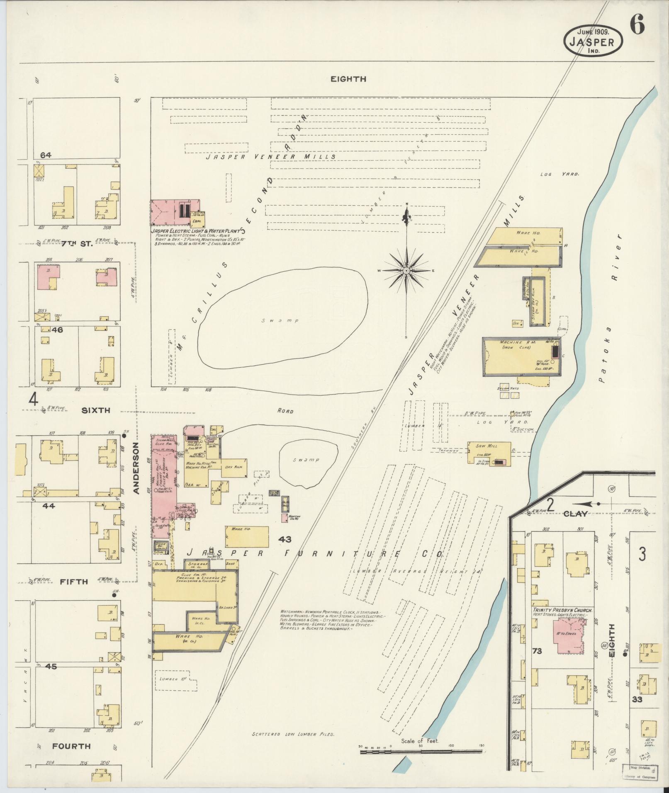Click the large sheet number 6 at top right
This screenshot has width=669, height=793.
tap(637, 27)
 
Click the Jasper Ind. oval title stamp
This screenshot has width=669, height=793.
tap(593, 41)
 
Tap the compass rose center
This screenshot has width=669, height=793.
tap(406, 271)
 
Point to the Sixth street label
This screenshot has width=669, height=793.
tap(96, 410)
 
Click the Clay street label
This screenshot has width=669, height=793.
tap(575, 514)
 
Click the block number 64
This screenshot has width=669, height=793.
tap(46, 155)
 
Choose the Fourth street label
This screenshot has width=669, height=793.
tap(71, 746)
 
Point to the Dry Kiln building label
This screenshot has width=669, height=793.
tap(234, 467)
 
